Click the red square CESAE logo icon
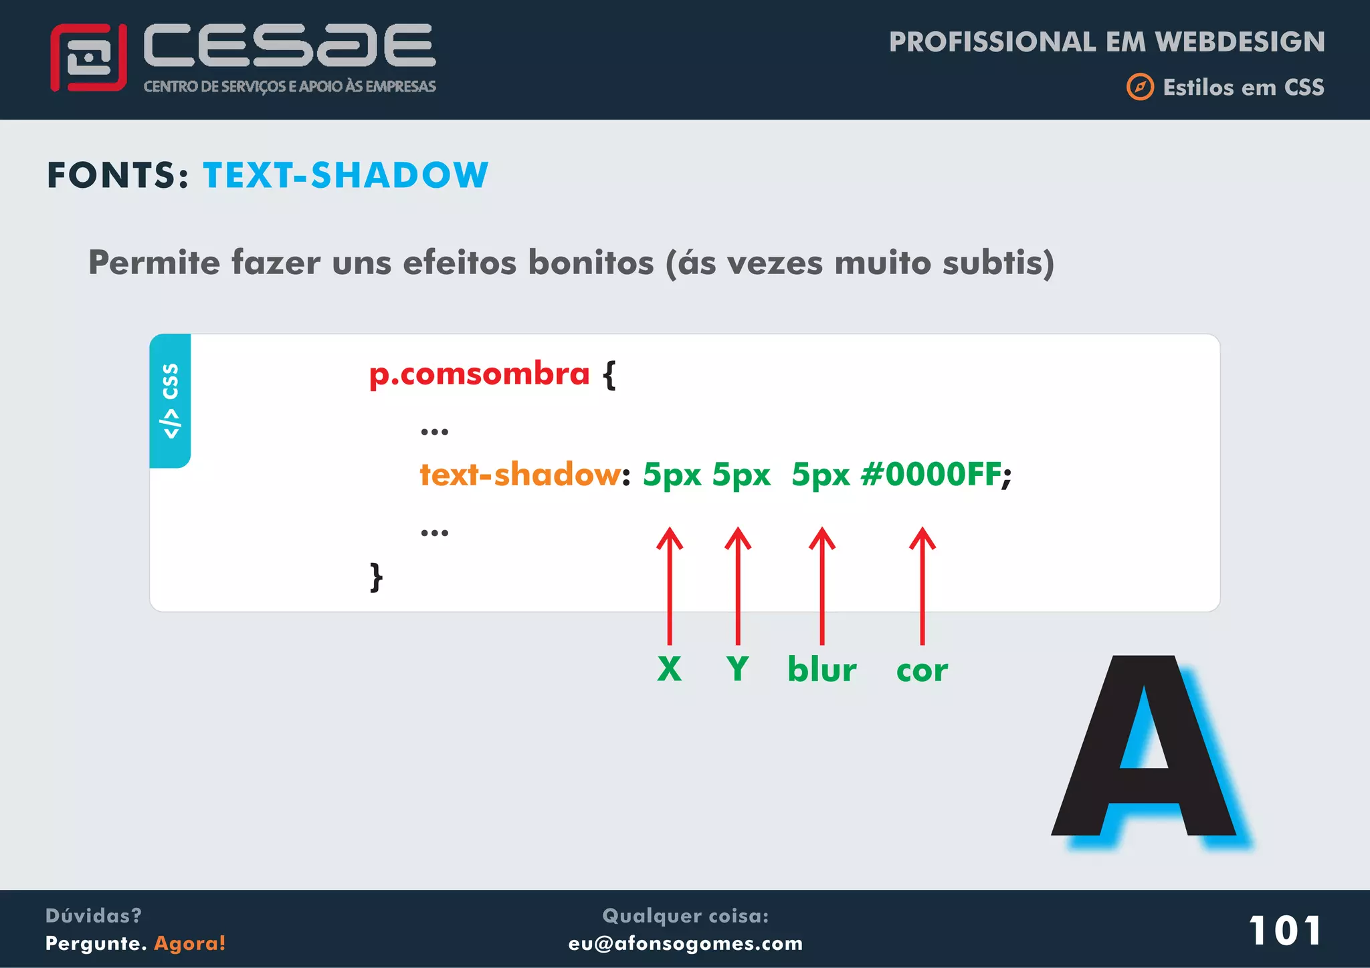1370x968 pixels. (88, 57)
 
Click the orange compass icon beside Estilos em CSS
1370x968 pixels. (1140, 87)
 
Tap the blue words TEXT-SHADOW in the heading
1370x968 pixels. (345, 175)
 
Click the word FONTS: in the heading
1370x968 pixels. (118, 175)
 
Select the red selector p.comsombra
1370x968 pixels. (479, 374)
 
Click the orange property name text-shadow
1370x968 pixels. (520, 475)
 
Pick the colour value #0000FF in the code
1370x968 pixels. (931, 475)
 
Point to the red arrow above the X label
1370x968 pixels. (670, 585)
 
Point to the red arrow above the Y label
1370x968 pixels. (738, 585)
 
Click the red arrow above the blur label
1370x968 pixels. (822, 585)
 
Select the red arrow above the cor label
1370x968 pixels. (922, 585)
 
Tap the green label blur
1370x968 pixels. (822, 669)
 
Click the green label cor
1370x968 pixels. (922, 671)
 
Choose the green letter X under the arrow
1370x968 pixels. (669, 669)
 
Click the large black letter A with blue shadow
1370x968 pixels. (1144, 749)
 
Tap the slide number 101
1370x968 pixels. (1285, 931)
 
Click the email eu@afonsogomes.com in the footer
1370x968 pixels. (686, 943)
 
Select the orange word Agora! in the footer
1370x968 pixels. (190, 943)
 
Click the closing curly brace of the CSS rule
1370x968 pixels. (377, 576)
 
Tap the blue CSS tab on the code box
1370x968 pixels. (171, 400)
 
